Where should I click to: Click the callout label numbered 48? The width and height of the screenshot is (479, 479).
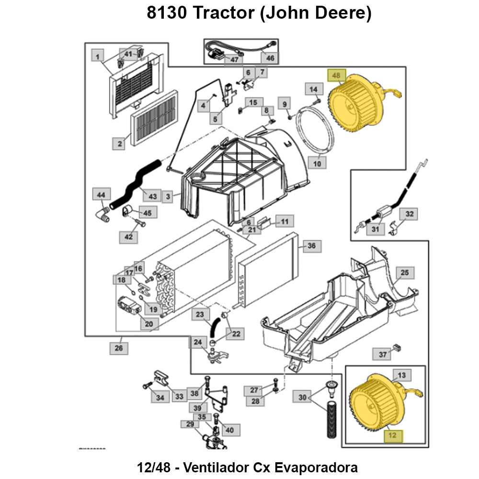336,76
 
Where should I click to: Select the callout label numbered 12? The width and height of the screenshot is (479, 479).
393,436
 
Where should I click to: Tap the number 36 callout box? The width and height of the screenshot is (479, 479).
311,246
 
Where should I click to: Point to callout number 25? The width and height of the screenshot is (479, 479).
404,273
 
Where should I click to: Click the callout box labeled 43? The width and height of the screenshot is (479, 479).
153,196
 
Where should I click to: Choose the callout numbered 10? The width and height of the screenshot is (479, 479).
317,163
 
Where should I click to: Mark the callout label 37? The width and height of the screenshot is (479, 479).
382,354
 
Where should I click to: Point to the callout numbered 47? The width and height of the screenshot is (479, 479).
234,60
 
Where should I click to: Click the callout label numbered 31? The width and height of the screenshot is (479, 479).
375,229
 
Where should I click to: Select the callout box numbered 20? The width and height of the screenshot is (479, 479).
149,324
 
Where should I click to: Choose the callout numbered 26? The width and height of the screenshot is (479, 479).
119,348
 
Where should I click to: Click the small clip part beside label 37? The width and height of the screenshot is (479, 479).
397,347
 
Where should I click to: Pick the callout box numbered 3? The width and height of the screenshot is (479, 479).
168,196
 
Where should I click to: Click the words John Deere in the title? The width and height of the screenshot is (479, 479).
315,13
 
